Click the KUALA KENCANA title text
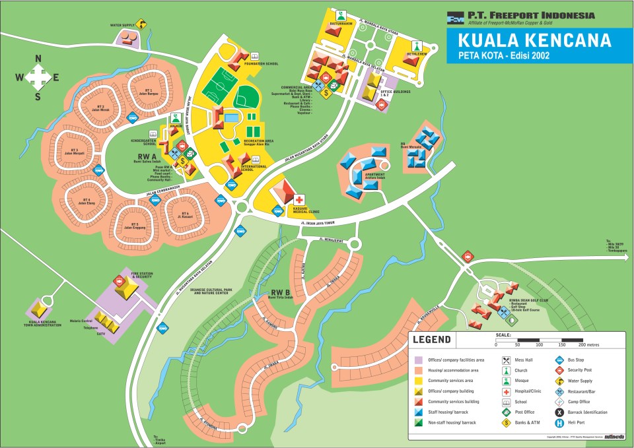(x=535, y=40)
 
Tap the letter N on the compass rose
(x=38, y=59)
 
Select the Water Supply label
(x=123, y=26)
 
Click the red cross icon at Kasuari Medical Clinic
(x=299, y=199)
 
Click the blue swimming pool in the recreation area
(x=232, y=117)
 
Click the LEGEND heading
(x=431, y=340)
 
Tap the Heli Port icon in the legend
(x=559, y=423)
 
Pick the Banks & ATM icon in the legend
(x=507, y=423)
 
